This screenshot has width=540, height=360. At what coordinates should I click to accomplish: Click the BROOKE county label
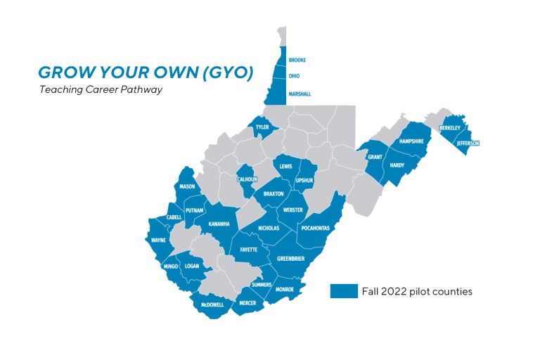pyautogui.click(x=297, y=60)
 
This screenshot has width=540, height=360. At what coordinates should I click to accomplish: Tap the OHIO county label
pyautogui.click(x=294, y=76)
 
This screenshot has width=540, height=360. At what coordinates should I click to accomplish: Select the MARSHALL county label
pyautogui.click(x=300, y=94)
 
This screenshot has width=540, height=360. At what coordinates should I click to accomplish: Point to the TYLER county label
pyautogui.click(x=262, y=127)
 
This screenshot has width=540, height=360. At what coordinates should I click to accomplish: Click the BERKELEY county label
pyautogui.click(x=450, y=128)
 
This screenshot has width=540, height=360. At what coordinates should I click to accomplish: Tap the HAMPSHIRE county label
pyautogui.click(x=411, y=141)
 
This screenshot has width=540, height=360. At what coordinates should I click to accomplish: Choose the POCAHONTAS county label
pyautogui.click(x=315, y=229)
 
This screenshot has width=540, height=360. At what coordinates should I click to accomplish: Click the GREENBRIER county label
pyautogui.click(x=290, y=258)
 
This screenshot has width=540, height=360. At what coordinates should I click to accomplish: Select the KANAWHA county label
pyautogui.click(x=219, y=224)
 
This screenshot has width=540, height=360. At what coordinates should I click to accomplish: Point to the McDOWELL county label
pyautogui.click(x=212, y=304)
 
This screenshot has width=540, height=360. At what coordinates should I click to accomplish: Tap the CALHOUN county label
pyautogui.click(x=247, y=179)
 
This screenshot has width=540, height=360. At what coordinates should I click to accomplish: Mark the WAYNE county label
pyautogui.click(x=158, y=240)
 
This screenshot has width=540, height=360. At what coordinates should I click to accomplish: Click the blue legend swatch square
pyautogui.click(x=344, y=291)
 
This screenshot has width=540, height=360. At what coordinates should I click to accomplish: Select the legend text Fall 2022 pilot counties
pyautogui.click(x=417, y=291)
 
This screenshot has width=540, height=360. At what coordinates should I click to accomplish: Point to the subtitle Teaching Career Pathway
pyautogui.click(x=101, y=90)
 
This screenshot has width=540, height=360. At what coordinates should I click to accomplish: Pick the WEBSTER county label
pyautogui.click(x=292, y=210)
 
